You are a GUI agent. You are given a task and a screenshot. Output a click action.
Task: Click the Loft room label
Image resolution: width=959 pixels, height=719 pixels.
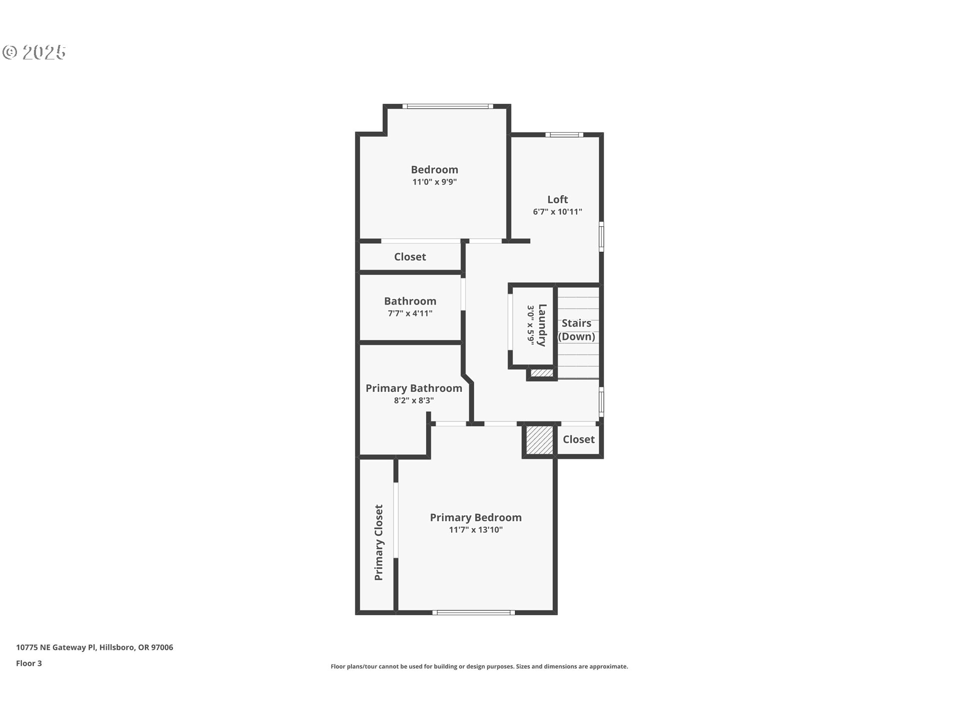coord(557,199)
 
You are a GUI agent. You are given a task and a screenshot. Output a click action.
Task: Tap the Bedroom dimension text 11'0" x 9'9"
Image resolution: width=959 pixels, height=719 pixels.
coord(435,182)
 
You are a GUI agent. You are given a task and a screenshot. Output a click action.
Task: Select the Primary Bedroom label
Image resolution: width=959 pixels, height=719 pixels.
coord(476,517)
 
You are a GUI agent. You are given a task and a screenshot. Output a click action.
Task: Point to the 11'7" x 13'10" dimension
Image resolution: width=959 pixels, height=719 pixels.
coord(476,530)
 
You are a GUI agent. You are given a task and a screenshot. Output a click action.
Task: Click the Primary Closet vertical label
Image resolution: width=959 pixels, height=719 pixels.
coord(379,542)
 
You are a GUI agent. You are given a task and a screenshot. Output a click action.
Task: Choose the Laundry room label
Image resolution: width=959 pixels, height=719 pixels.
coord(542,325)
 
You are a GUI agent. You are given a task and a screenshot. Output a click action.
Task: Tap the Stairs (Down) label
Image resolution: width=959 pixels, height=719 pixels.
coord(576,330)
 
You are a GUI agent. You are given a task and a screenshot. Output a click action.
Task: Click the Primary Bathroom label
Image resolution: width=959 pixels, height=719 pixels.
coord(414,388)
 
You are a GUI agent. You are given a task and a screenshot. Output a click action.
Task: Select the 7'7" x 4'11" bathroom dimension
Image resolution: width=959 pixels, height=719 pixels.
coord(410,314)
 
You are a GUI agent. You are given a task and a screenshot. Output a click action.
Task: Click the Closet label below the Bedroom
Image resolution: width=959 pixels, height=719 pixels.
coord(410,257)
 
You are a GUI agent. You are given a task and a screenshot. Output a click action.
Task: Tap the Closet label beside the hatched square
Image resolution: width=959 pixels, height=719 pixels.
coord(578,439)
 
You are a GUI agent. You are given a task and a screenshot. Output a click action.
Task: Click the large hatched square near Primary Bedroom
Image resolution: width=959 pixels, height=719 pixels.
coord(539,440)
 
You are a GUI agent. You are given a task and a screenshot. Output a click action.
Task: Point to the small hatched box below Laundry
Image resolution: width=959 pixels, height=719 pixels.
coord(541,372)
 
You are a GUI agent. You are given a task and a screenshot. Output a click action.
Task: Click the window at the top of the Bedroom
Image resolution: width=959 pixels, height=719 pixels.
coord(448,106)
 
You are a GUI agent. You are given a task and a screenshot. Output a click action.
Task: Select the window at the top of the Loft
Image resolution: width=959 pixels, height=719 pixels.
coord(564,134)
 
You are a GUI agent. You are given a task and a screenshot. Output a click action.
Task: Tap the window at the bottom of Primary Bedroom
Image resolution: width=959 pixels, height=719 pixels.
coord(474,612)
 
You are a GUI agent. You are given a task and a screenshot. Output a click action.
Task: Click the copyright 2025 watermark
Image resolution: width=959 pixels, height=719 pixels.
coord(34,52)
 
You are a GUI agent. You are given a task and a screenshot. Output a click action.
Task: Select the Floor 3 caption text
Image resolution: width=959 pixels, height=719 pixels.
coord(29,663)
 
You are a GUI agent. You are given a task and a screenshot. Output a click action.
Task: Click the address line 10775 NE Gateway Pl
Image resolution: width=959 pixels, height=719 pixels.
coord(94,648)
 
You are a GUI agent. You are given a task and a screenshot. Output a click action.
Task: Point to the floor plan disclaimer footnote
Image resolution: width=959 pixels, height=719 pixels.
coord(479,667)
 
